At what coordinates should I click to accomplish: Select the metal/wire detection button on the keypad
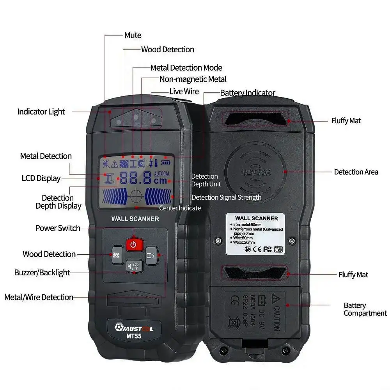pos(151,255)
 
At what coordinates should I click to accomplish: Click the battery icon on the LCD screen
pos(166,162)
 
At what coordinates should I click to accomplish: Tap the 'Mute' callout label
pos(133,35)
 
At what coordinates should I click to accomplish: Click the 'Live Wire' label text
pos(184,91)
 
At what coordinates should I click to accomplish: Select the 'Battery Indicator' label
pos(248,93)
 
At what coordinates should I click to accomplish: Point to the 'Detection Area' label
pos(356,172)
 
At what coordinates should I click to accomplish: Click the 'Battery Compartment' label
pos(365,309)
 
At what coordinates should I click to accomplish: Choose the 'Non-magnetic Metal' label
pos(193,79)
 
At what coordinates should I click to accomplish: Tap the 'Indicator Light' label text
pos(41,112)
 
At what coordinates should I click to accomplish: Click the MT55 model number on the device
pos(133,337)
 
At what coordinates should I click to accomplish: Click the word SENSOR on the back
pos(256,173)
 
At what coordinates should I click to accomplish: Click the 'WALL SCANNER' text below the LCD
pos(135,219)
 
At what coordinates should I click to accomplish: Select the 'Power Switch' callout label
pos(58,228)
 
